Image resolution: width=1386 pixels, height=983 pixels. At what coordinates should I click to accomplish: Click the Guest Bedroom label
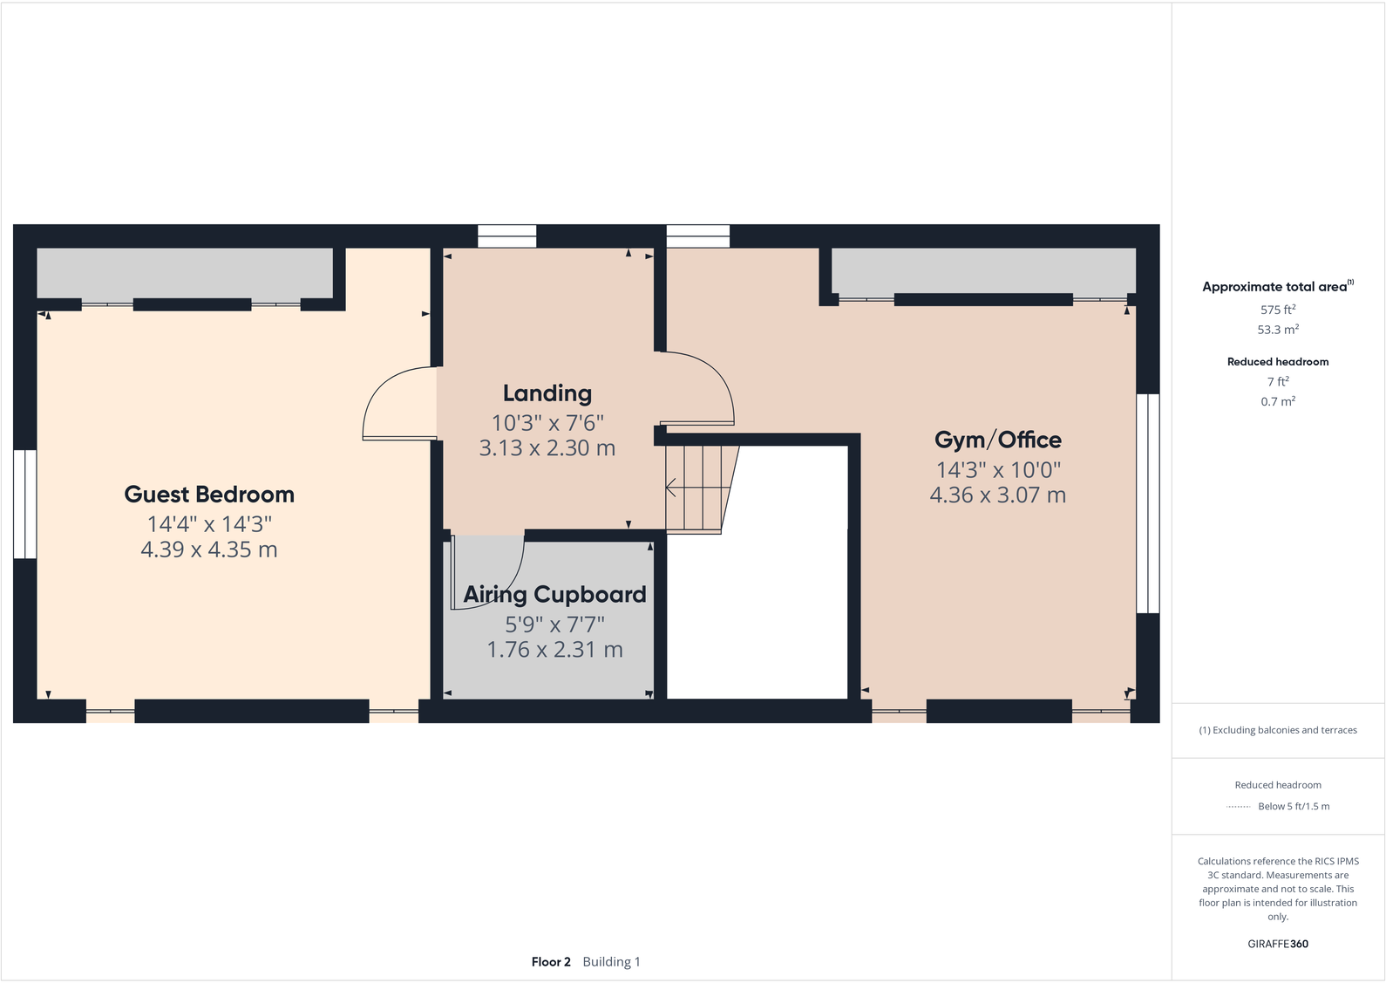pos(209,495)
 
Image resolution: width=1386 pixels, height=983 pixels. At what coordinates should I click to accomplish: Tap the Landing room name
pos(547,393)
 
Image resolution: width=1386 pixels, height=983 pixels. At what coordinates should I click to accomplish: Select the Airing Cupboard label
pos(554,595)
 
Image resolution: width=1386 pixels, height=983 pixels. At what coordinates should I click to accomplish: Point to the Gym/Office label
pos(997,440)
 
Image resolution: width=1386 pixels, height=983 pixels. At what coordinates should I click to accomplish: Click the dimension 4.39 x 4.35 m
pos(209,550)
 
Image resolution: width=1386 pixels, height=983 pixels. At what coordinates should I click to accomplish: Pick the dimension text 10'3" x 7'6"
pos(547,423)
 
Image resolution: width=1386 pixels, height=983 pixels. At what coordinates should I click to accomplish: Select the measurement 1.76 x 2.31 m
pos(554,650)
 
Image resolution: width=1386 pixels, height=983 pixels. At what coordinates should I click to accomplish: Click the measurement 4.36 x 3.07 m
pos(997,495)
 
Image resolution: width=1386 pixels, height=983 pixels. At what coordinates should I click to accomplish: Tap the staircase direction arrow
pos(672,488)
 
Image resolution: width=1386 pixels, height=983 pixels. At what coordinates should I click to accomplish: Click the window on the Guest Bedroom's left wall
pos(24,504)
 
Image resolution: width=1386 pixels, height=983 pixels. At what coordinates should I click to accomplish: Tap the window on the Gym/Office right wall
pos(1148,503)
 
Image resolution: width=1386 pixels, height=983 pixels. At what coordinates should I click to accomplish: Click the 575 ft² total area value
pos(1277,310)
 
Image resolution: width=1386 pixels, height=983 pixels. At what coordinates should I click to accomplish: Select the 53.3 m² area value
pos(1277,330)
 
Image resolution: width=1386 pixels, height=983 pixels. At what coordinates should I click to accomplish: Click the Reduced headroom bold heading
pos(1277,362)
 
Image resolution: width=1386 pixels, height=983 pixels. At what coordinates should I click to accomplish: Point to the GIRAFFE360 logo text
pos(1277,944)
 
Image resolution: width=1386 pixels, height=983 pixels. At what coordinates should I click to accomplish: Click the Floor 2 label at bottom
pos(551,962)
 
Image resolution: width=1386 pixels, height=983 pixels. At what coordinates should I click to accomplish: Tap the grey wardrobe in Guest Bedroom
pos(185,273)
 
